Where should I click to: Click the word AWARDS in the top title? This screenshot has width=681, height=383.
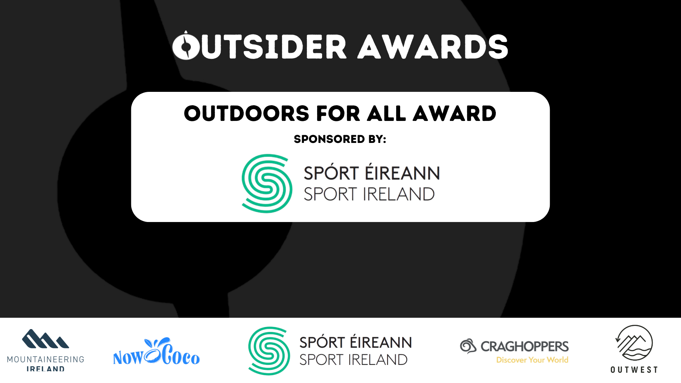433,47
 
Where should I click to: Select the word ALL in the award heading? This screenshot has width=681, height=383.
387,114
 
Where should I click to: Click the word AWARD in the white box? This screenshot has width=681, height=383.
455,114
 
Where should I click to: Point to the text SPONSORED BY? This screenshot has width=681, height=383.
340,139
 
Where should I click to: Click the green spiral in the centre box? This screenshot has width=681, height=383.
267,183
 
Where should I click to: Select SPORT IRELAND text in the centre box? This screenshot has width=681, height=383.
369,194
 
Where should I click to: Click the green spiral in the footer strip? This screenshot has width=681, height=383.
269,351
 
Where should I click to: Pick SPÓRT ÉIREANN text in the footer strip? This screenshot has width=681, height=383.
356,342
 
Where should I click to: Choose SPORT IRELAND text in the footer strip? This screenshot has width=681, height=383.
354,360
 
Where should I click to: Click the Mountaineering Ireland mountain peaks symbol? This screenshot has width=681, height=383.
45,339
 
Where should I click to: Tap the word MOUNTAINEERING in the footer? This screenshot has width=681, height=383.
46,360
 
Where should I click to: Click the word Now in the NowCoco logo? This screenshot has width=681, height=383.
128,357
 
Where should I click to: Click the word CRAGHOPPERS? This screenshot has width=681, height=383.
525,346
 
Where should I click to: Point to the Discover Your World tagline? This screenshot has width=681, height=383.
532,360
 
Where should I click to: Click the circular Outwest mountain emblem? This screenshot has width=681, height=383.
634,343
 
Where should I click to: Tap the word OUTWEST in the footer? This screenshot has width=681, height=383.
634,370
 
